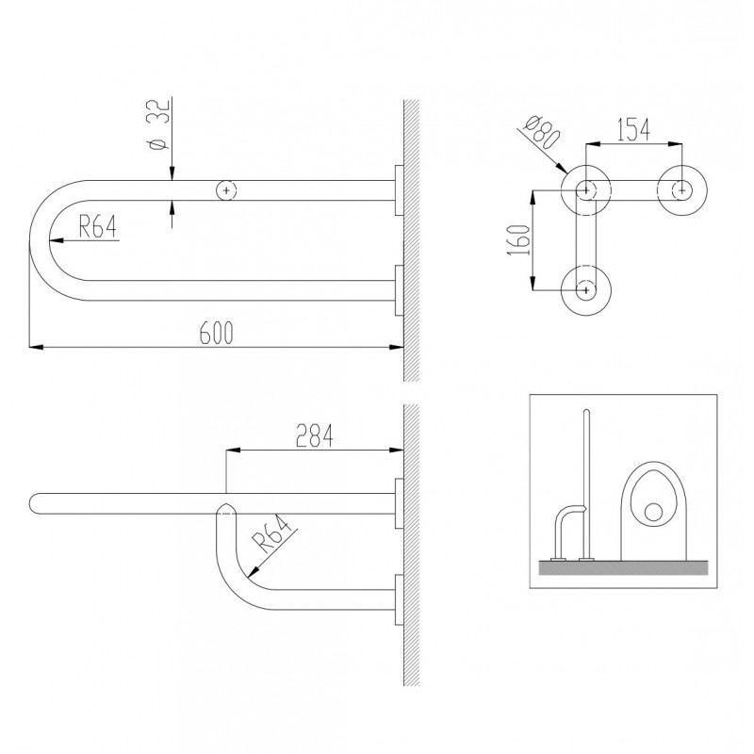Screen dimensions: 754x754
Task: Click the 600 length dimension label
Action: pyautogui.click(x=217, y=333)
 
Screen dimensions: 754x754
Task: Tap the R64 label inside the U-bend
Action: pyautogui.click(x=98, y=226)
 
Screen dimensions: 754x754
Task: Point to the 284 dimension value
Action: pyautogui.click(x=315, y=435)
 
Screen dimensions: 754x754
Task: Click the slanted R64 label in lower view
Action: pyautogui.click(x=272, y=533)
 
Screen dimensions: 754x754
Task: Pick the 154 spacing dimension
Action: pyautogui.click(x=633, y=129)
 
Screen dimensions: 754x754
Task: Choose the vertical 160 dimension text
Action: pyautogui.click(x=519, y=239)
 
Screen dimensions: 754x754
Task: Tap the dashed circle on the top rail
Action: pyautogui.click(x=226, y=190)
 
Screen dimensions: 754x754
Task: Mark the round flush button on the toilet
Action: pyautogui.click(x=653, y=512)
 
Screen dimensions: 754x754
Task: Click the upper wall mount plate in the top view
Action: pyautogui.click(x=399, y=190)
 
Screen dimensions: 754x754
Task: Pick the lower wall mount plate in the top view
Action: pyautogui.click(x=399, y=290)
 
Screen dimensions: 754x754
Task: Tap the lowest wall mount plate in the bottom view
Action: pyautogui.click(x=399, y=599)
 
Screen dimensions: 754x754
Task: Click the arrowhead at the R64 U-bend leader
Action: pyautogui.click(x=55, y=240)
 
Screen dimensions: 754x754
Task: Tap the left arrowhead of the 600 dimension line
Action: pyautogui.click(x=35, y=346)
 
